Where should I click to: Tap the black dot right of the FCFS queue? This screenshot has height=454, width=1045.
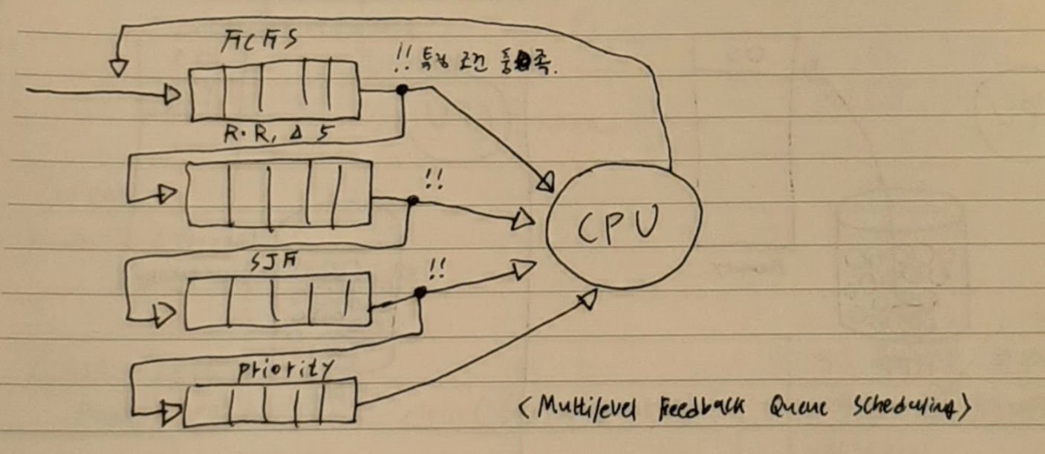click(402, 90)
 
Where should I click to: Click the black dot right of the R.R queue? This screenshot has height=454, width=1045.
click(413, 200)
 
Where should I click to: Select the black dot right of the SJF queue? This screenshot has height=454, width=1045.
click(420, 293)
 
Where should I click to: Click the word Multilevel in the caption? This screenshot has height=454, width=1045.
click(587, 407)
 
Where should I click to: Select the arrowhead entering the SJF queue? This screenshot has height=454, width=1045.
click(165, 315)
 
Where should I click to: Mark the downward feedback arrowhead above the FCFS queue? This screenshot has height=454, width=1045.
click(117, 68)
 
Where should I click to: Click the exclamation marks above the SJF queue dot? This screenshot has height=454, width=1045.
click(437, 269)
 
